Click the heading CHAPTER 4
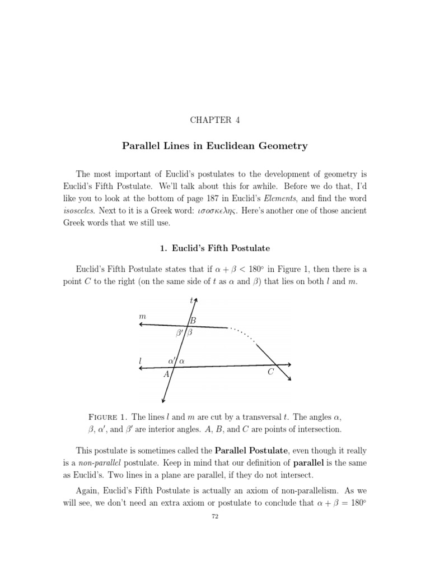215,119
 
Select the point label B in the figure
193,321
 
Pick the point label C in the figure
270,372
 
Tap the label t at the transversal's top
191,300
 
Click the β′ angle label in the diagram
180,332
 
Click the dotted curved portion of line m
242,334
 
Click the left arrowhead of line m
142,325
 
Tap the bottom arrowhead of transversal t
163,400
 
